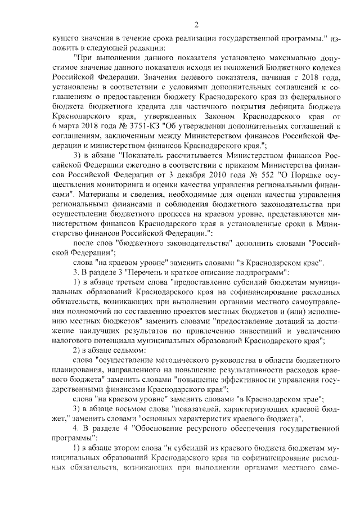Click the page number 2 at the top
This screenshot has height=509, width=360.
tap(196, 24)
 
